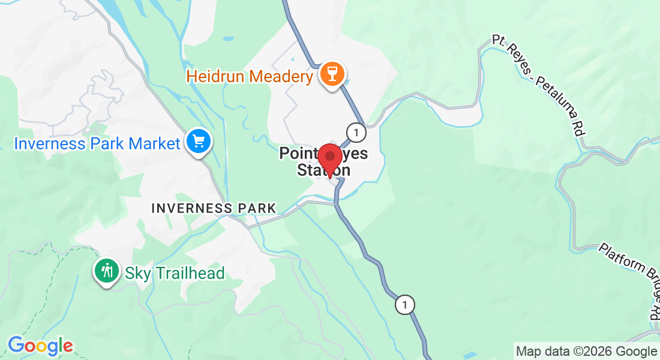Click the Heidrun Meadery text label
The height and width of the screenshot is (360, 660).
coord(250,76)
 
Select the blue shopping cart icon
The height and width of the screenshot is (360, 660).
coord(197,142)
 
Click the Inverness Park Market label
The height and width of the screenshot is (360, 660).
coord(97,144)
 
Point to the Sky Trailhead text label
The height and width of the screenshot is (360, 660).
coord(175,274)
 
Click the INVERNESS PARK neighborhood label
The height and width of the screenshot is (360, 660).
coord(214,208)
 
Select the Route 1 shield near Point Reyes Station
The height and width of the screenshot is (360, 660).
coord(356,131)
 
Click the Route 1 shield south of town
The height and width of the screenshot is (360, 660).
coord(405,305)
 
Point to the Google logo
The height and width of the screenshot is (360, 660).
coord(40,346)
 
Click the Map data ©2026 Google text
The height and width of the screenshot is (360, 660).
coord(586,351)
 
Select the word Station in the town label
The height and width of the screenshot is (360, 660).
coord(323,170)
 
